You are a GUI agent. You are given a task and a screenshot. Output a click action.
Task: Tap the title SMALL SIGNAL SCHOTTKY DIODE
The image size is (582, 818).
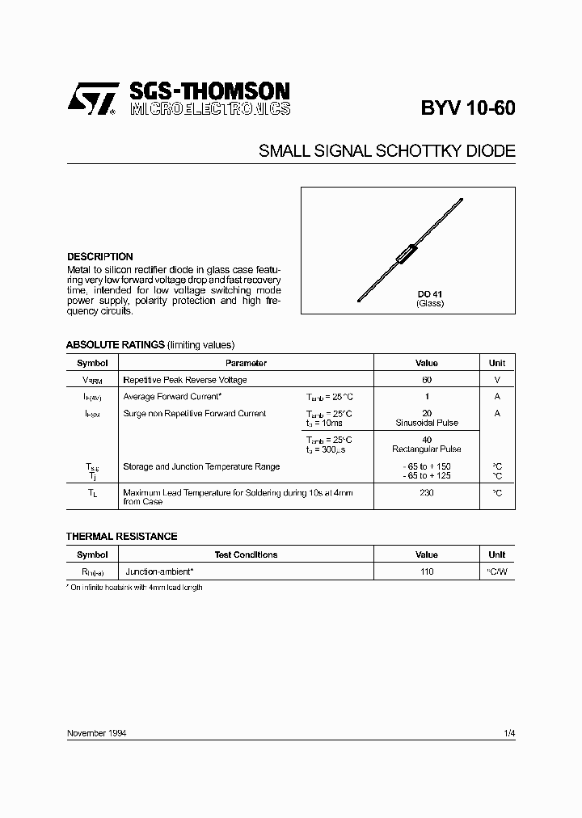point(386,151)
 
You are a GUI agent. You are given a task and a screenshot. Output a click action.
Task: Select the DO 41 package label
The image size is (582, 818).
point(429,294)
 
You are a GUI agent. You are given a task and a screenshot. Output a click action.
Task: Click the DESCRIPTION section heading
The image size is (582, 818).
point(99,256)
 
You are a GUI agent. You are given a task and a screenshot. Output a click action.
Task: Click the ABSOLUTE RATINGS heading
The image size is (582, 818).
point(115,344)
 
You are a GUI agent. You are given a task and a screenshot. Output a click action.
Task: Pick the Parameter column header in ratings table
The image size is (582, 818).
point(246,364)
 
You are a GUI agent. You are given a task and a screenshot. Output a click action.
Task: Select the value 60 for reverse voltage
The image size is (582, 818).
point(427,380)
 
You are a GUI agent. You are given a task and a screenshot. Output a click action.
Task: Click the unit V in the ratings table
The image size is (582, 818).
point(497,380)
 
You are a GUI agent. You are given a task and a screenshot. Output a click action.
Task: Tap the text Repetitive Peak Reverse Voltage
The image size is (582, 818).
point(185,380)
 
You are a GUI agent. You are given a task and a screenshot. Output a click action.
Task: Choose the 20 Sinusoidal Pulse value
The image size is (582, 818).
point(427,418)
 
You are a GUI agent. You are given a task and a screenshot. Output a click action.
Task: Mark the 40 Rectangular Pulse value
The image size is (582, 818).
point(427,445)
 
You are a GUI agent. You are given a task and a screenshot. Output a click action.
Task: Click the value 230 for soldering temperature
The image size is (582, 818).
point(427,492)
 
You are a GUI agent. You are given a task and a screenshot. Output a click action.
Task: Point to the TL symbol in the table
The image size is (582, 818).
point(92,492)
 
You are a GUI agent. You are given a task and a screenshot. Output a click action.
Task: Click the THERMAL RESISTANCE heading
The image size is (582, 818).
point(121,537)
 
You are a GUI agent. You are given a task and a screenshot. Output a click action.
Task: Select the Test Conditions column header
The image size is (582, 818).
point(246,555)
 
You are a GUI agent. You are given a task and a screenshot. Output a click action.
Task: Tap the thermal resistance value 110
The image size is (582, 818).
point(427,571)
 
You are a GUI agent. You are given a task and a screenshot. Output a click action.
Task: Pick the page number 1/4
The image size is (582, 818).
point(508,733)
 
